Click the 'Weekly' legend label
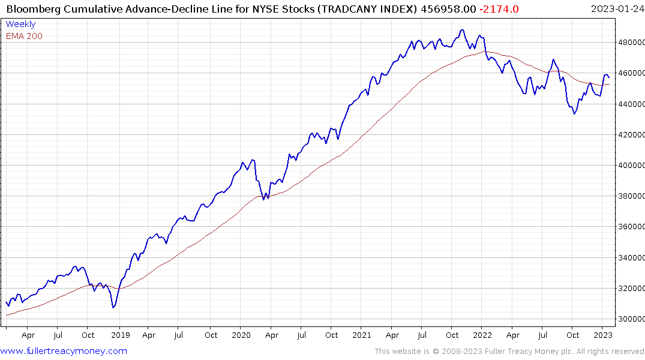[20, 24]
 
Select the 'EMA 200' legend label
[24, 36]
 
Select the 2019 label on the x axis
[120, 335]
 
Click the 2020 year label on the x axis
[241, 335]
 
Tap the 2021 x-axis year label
[362, 335]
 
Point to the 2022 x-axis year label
[482, 335]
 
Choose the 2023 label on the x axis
[603, 335]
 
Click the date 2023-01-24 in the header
[616, 8]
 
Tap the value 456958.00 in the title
[451, 8]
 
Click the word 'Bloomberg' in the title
[31, 8]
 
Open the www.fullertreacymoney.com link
[64, 351]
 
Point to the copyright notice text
[509, 351]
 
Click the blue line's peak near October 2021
[461, 30]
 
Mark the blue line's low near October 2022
[574, 114]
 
